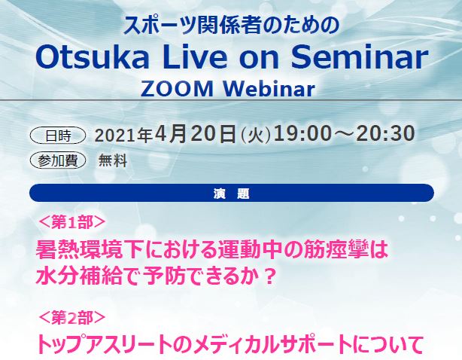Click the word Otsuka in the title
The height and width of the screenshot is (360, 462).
[x=93, y=57]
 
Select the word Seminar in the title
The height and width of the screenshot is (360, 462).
[x=360, y=57]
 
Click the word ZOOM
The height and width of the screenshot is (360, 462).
[x=177, y=88]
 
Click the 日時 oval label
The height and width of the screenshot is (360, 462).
[x=58, y=136]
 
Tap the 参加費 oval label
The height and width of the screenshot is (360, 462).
[x=58, y=160]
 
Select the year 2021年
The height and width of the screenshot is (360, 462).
[x=123, y=136]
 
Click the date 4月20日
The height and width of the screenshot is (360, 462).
[x=196, y=134]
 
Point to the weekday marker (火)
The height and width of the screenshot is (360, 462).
[x=256, y=136]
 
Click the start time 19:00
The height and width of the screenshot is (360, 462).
[x=302, y=133]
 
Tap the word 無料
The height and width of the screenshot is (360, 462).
[x=113, y=160]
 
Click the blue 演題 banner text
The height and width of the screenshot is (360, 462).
[x=232, y=194]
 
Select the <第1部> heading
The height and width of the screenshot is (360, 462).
[x=72, y=222]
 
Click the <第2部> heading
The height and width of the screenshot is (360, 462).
[x=72, y=318]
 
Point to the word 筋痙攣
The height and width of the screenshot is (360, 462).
[x=336, y=250]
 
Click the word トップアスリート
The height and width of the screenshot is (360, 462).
[x=105, y=345]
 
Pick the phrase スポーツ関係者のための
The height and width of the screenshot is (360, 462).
[x=232, y=26]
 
